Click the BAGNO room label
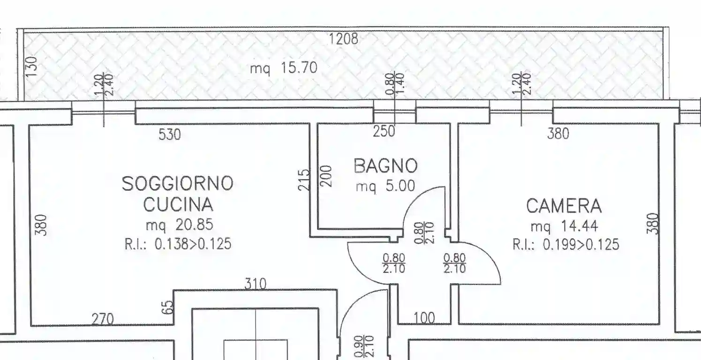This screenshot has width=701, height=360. (x=385, y=166)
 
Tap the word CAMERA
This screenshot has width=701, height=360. (x=563, y=206)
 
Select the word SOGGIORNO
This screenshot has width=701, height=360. (x=177, y=183)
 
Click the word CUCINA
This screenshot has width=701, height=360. (x=178, y=205)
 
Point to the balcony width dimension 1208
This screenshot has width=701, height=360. (x=343, y=38)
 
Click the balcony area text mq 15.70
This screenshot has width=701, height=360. (x=283, y=68)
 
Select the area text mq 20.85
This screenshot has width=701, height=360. (x=179, y=225)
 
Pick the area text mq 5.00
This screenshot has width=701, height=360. (x=385, y=187)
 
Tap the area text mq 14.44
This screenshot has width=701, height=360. (x=564, y=227)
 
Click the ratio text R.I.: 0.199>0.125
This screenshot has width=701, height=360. (x=565, y=245)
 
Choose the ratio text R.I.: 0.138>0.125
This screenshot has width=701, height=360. (x=178, y=244)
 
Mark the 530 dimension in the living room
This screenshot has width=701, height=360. (x=169, y=135)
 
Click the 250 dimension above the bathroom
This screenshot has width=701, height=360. (x=384, y=132)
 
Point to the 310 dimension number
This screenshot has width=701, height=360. (x=255, y=284)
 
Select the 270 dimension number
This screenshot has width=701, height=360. (x=102, y=319)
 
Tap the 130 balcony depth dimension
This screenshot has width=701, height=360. (x=31, y=67)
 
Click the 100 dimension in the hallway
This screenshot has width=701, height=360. (x=424, y=319)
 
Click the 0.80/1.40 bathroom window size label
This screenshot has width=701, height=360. (x=395, y=83)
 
